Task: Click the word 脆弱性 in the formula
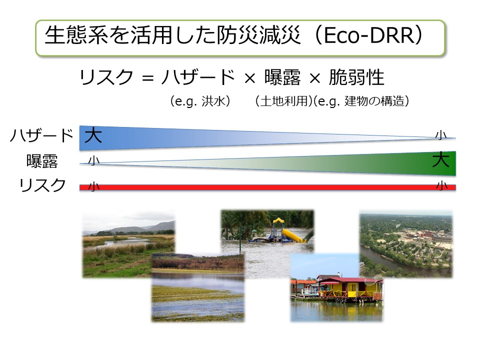(x=356, y=77)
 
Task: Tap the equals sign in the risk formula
(x=147, y=78)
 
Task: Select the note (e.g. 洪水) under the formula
(x=200, y=101)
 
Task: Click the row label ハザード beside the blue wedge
(x=42, y=135)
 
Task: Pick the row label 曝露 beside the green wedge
(x=42, y=161)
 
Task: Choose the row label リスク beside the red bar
(x=42, y=185)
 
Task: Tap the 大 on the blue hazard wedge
(x=93, y=135)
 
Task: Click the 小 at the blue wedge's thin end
(x=441, y=135)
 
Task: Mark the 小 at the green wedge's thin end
(x=93, y=160)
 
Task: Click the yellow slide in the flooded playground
(x=292, y=234)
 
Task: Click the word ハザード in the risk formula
(x=198, y=77)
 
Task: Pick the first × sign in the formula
(x=250, y=78)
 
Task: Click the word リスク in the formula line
(x=106, y=77)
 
